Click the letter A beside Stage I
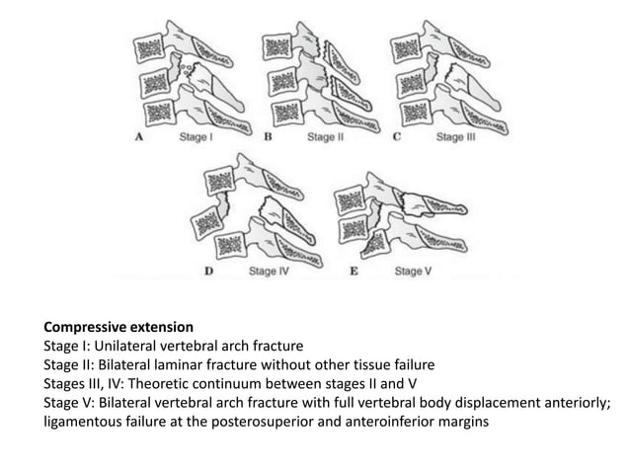pyautogui.click(x=139, y=138)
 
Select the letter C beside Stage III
pyautogui.click(x=397, y=138)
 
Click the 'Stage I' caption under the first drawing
pyautogui.click(x=195, y=138)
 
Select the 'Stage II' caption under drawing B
pyautogui.click(x=325, y=138)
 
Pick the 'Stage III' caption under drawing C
pyautogui.click(x=455, y=138)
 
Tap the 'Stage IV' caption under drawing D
pyautogui.click(x=268, y=270)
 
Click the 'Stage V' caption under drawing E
pyautogui.click(x=412, y=270)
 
